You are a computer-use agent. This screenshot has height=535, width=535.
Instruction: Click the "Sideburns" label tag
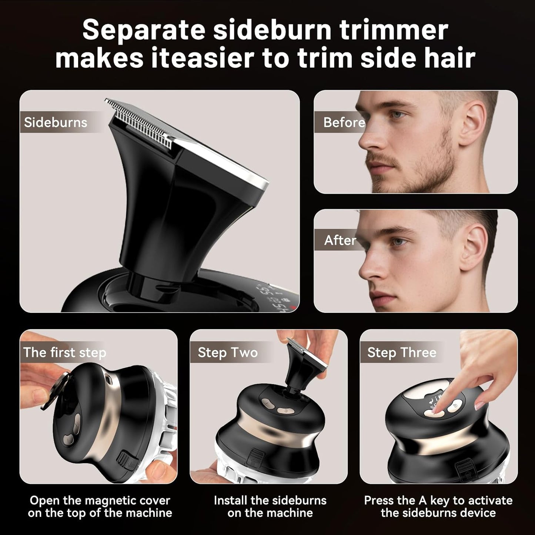[x=56, y=122]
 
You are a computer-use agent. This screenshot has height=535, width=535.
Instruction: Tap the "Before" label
[x=344, y=122]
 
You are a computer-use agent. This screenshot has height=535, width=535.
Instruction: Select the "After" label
[x=340, y=240]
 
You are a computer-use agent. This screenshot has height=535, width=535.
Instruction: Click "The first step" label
[x=64, y=352]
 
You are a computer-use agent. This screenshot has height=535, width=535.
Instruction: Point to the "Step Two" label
[x=227, y=352]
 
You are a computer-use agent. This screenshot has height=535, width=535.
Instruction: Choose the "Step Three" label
[x=402, y=352]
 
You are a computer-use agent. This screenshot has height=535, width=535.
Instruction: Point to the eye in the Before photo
[x=398, y=114]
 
